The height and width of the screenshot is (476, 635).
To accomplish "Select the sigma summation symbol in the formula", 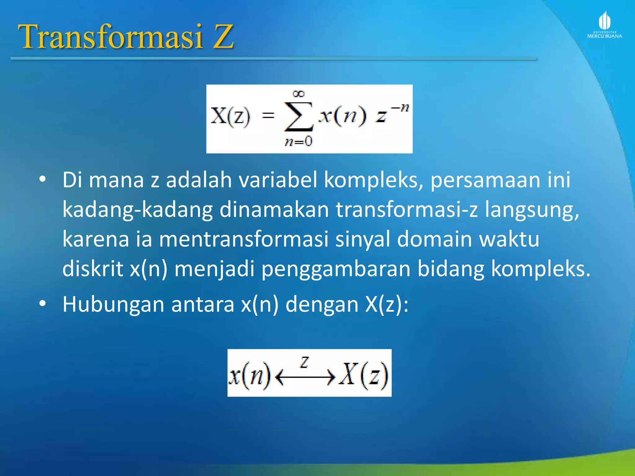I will point(299,117).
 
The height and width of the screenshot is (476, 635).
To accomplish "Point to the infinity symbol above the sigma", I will point(299,94).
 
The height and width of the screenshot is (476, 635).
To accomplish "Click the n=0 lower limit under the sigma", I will point(299,142).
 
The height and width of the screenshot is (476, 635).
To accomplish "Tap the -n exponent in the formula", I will point(400,108).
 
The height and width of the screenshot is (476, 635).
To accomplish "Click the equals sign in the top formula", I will point(268,116).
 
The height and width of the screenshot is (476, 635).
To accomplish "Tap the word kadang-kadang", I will point(137,209).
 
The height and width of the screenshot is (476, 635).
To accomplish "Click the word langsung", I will point(531,209).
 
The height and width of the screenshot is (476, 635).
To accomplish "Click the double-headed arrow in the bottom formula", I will point(305,377).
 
